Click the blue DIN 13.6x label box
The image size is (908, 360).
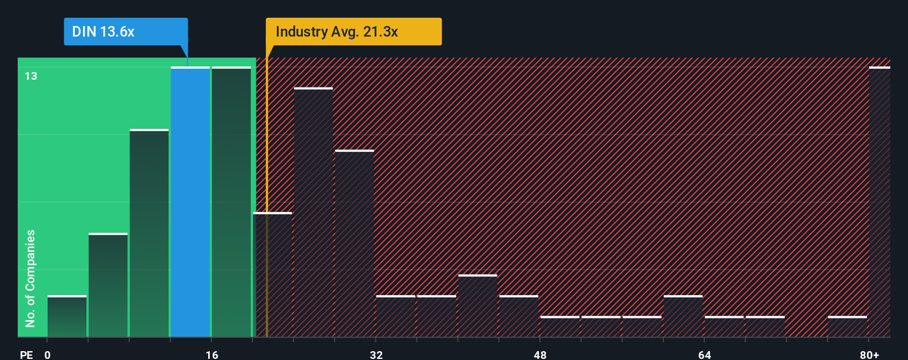click(126, 32)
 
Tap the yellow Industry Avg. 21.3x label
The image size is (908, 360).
click(353, 32)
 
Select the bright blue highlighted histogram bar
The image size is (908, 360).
click(190, 202)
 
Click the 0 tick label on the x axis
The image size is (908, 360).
click(48, 354)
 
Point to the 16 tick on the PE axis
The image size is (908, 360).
click(211, 354)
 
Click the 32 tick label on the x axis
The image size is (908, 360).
click(376, 354)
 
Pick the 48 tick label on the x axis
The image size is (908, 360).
click(540, 354)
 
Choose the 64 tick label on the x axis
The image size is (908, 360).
click(704, 354)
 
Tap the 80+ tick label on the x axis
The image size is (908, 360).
click(869, 354)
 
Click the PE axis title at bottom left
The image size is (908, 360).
click(26, 354)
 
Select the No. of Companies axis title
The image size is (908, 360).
click(30, 278)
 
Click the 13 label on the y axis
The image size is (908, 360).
click(31, 76)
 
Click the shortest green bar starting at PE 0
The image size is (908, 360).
click(67, 317)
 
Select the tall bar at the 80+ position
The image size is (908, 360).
click(879, 202)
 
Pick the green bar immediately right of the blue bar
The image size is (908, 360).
click(231, 202)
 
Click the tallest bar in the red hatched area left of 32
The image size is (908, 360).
click(313, 213)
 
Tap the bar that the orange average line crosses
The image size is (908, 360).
click(272, 275)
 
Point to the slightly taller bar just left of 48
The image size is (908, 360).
click(477, 306)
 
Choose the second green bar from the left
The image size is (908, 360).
click(108, 285)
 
